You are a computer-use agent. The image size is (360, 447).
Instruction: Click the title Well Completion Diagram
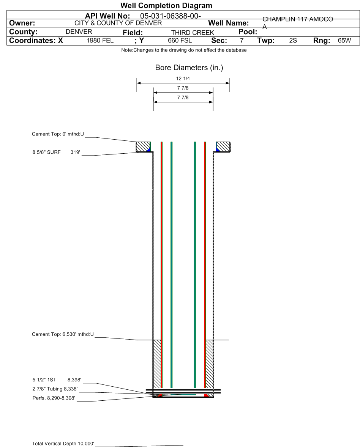166,5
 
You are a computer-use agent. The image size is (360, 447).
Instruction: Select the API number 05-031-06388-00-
170,16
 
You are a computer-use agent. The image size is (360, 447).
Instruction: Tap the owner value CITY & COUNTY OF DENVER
118,23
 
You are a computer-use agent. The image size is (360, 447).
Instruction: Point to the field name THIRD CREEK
193,33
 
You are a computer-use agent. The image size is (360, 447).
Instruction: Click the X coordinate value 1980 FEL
100,41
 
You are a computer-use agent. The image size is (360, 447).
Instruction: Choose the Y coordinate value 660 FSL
180,41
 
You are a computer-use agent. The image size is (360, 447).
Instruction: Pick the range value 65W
344,41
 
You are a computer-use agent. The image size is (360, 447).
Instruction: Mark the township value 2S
293,41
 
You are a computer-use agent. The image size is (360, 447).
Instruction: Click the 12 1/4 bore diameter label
183,79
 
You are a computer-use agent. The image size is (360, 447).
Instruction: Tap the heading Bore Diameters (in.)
189,68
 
